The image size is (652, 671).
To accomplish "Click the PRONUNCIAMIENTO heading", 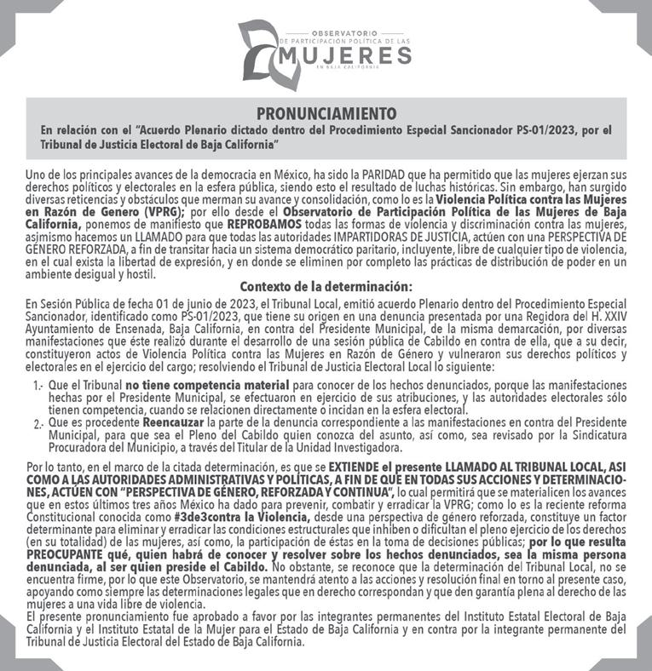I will pos(326,112).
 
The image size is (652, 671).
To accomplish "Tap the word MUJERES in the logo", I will pos(345,56).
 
